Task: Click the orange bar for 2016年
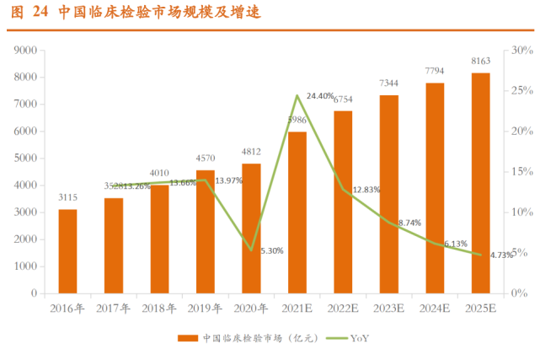67,251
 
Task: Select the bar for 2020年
251,228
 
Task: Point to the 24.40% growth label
321,95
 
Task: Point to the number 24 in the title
40,11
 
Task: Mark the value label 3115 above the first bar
68,196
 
